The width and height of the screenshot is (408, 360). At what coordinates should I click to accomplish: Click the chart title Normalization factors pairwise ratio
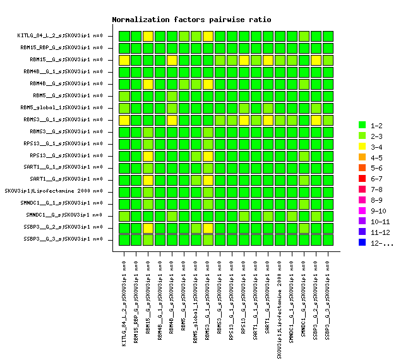click(x=191, y=20)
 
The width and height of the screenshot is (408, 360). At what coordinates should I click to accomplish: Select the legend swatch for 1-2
click(x=362, y=125)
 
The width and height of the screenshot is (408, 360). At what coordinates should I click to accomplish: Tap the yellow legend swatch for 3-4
click(x=362, y=147)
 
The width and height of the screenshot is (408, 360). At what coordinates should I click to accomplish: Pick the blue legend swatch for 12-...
click(x=362, y=243)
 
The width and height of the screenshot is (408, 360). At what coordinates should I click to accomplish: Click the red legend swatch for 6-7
click(x=362, y=179)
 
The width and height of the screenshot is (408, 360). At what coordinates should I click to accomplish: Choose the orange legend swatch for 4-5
click(x=362, y=157)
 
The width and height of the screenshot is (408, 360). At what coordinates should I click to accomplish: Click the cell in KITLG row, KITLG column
click(x=124, y=36)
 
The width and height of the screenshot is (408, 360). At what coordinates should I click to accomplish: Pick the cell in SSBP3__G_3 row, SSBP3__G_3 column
click(x=328, y=239)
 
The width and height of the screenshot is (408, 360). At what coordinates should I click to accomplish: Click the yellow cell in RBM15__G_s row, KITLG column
click(x=124, y=60)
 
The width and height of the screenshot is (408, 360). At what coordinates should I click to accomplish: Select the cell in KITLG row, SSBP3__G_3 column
click(x=328, y=36)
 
